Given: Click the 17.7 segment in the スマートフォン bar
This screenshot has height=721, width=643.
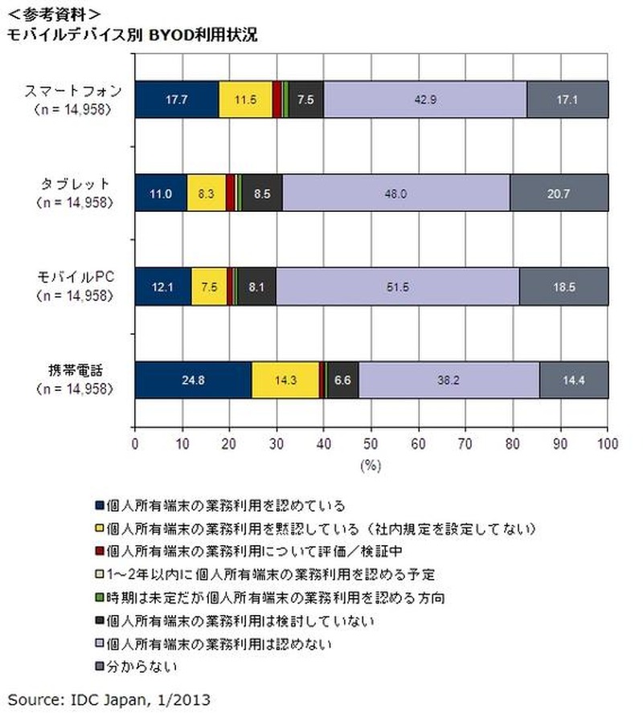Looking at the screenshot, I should coord(176,100).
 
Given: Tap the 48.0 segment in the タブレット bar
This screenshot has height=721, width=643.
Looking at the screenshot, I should coord(396,193).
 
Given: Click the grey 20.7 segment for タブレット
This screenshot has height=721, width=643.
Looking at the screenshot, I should coord(559,193).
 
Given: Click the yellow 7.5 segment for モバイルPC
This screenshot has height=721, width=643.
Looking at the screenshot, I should coord(209,287).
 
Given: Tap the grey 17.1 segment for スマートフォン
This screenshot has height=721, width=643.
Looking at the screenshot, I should coord(567,100).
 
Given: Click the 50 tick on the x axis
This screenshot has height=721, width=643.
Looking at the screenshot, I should coord(371,442).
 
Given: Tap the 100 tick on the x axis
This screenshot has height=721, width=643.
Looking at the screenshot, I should coord(608,442).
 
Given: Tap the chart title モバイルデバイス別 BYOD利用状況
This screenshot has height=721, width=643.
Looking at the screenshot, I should coord(133,36).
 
